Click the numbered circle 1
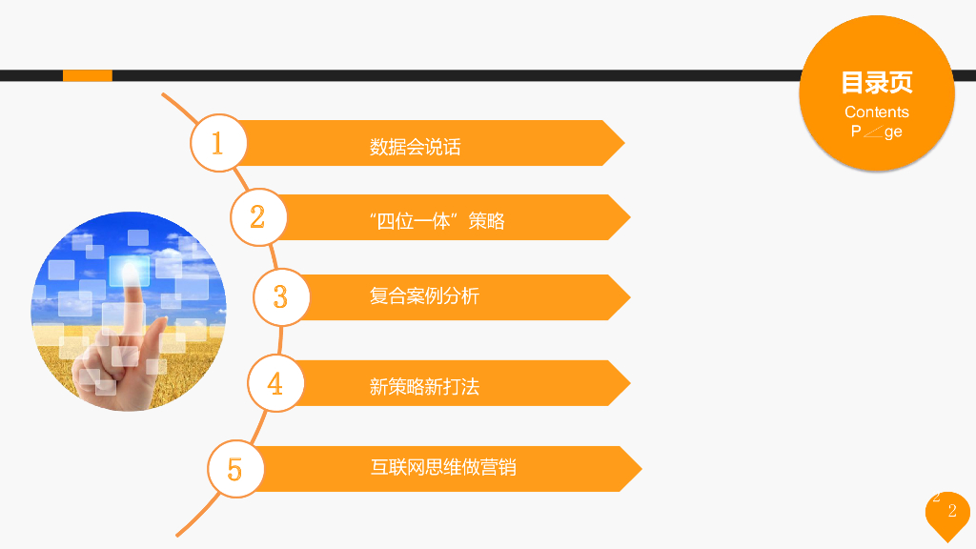[x=218, y=144]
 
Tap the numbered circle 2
[x=257, y=216]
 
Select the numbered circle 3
[x=280, y=296]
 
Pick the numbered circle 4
[x=275, y=383]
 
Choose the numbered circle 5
[x=235, y=468]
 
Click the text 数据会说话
[x=415, y=147]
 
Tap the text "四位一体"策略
[x=437, y=221]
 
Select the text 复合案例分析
[x=424, y=295]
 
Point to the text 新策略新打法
[x=424, y=386]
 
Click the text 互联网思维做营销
[x=443, y=467]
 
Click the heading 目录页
[x=877, y=83]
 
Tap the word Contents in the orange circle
[x=877, y=112]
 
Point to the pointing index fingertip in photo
[x=131, y=270]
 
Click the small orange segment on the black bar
[x=87, y=75]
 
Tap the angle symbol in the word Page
[x=872, y=132]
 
